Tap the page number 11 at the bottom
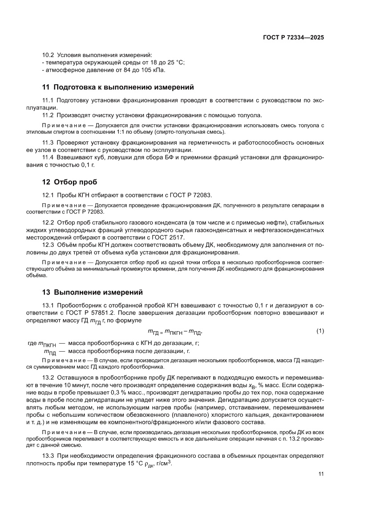click(x=321, y=474)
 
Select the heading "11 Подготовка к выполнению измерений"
click(x=118, y=87)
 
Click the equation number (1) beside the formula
click(x=320, y=331)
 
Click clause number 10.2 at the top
click(x=48, y=55)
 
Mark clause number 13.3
click(x=48, y=456)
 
